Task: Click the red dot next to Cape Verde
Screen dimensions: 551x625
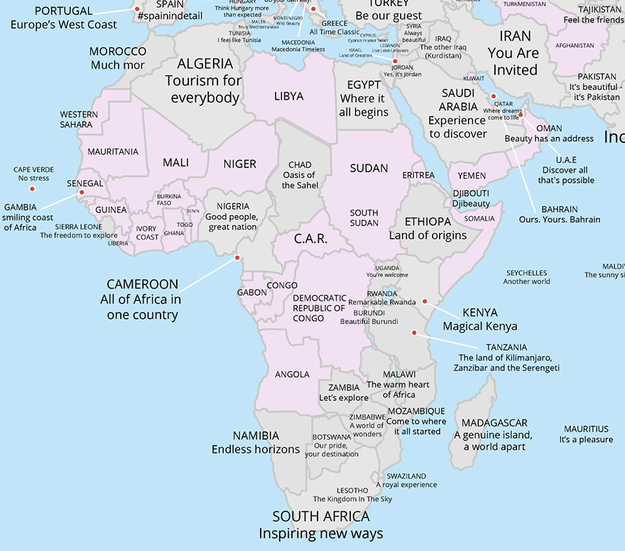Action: [31, 189]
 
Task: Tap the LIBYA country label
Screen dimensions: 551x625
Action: [288, 96]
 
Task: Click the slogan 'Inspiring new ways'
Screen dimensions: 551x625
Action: [320, 534]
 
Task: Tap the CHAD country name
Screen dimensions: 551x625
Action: [300, 165]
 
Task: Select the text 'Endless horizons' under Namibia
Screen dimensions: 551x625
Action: [256, 449]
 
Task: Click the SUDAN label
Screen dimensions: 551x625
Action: [369, 168]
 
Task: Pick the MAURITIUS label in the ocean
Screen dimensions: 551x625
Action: [586, 429]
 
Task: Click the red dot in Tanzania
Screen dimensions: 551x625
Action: [413, 332]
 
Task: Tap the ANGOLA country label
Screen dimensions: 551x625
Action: [292, 374]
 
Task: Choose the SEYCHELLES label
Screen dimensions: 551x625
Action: [526, 272]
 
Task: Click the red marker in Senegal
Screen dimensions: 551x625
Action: [81, 193]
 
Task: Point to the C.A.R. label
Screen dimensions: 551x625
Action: [311, 239]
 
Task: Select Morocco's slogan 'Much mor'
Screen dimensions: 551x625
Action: [118, 65]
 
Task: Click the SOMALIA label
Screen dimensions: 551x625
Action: [479, 218]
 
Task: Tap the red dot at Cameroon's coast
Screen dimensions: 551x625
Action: [237, 258]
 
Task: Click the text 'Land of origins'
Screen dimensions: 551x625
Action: [428, 235]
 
